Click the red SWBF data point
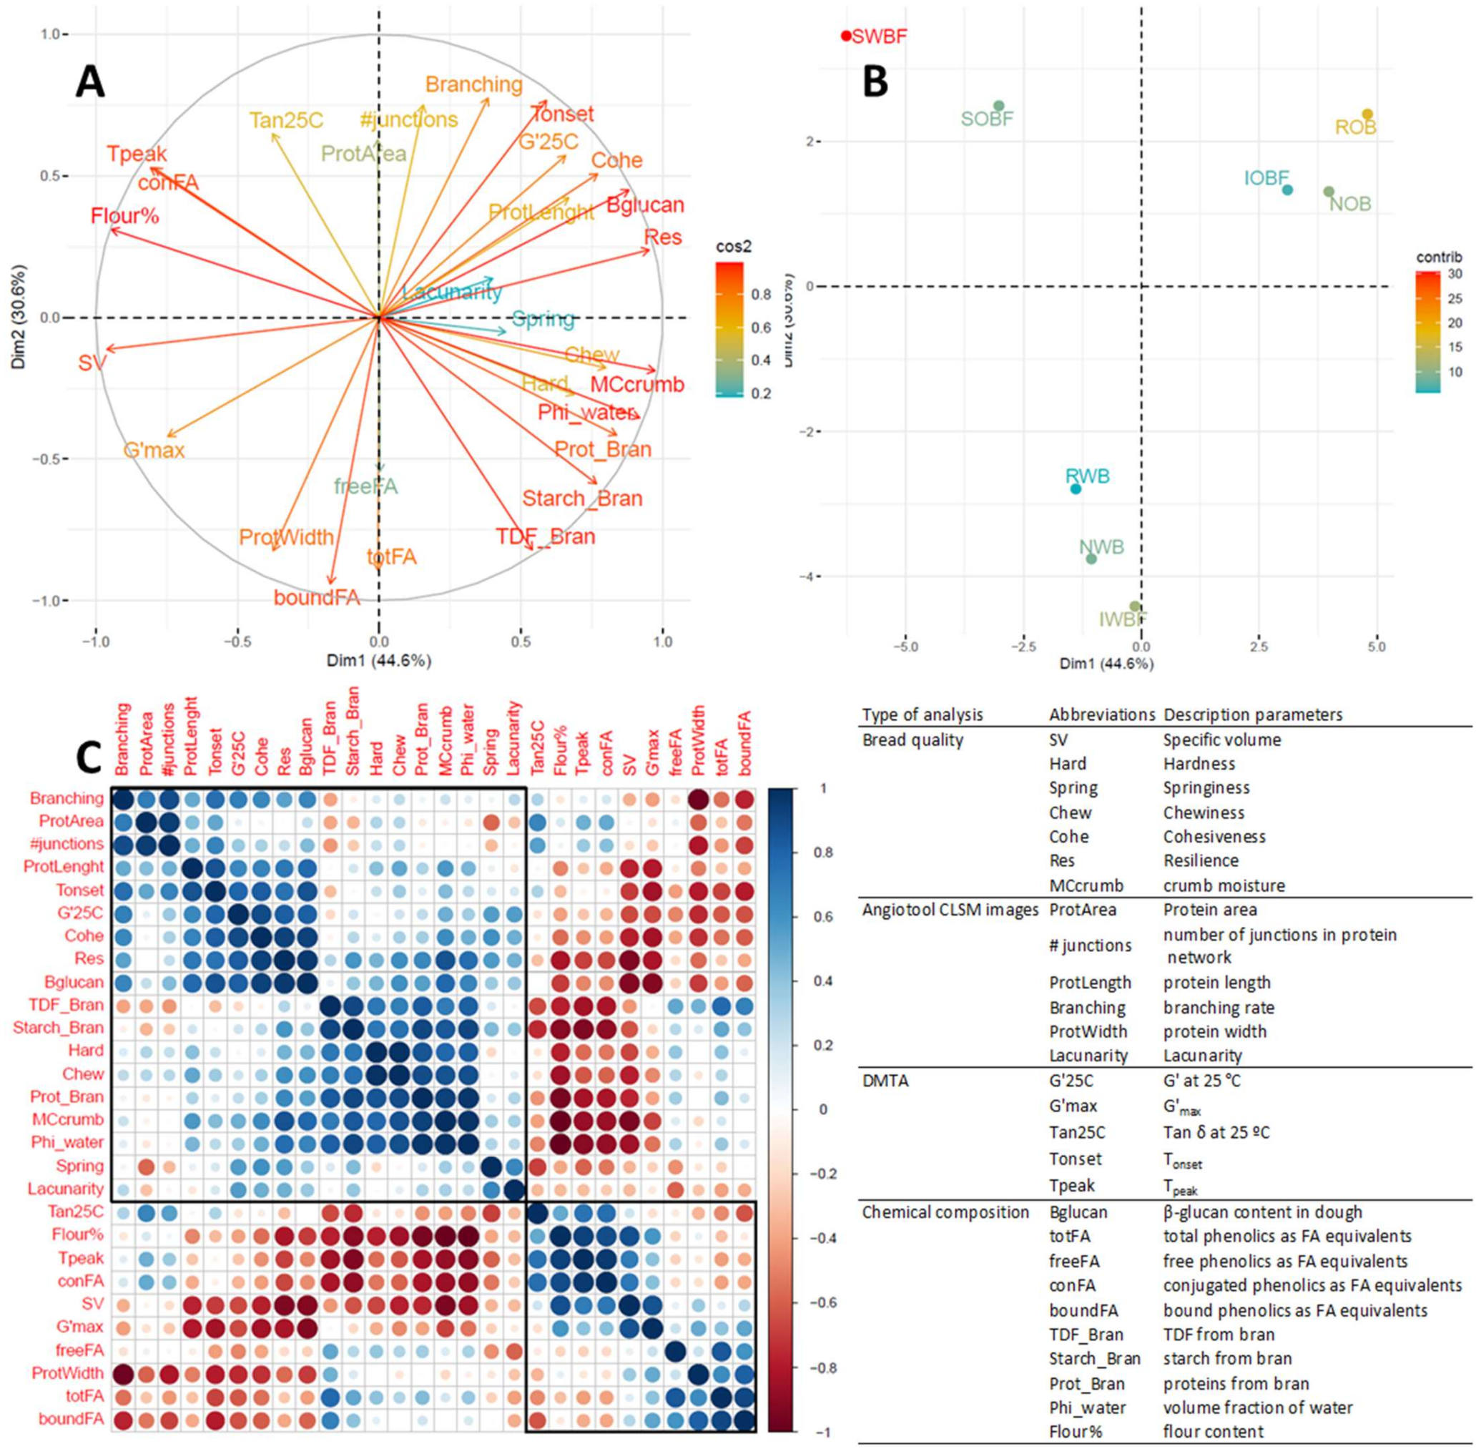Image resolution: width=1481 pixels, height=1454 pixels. tap(846, 35)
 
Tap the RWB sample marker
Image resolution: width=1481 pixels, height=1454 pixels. tap(1076, 488)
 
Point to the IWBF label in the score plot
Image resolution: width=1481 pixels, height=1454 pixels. tap(1123, 619)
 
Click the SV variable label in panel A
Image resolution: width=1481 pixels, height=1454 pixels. tap(91, 363)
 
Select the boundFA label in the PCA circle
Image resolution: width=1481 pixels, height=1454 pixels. tap(317, 597)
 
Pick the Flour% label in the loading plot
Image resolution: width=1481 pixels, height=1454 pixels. tap(124, 216)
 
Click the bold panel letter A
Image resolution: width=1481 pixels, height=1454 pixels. tap(90, 82)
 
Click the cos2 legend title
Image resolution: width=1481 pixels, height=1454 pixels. tap(733, 247)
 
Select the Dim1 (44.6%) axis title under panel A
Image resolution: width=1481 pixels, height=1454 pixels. tap(378, 661)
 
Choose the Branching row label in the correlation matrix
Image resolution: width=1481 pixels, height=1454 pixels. tap(67, 798)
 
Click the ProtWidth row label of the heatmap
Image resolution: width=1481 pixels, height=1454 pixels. tap(67, 1373)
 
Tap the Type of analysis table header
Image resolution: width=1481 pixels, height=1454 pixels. tap(922, 714)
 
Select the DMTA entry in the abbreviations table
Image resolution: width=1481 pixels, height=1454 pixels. tap(885, 1081)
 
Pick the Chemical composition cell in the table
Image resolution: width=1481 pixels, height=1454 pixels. tap(945, 1212)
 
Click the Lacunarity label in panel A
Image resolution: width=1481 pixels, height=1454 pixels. tap(452, 292)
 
